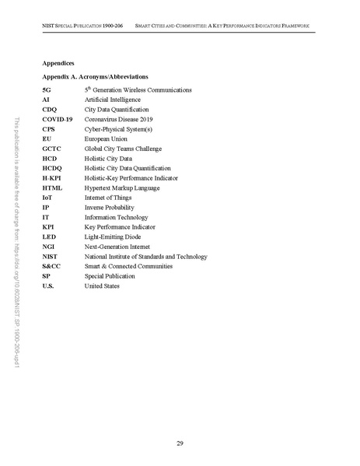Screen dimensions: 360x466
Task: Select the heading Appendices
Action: (x=59, y=61)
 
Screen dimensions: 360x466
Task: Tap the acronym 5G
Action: (x=47, y=90)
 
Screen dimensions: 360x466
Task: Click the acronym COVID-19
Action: (x=58, y=120)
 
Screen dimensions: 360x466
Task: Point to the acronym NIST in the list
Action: (x=51, y=257)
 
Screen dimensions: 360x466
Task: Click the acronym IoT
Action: (x=47, y=198)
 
